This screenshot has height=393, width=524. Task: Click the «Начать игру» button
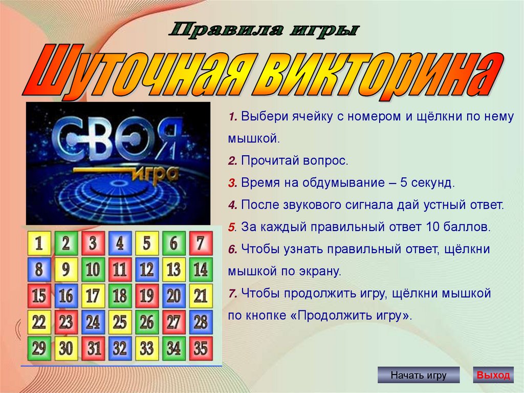pyautogui.click(x=419, y=375)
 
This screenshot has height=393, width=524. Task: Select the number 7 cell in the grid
pyautogui.click(x=201, y=243)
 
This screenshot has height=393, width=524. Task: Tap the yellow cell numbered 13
pyautogui.click(x=174, y=270)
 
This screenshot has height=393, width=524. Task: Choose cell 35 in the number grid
pyautogui.click(x=201, y=348)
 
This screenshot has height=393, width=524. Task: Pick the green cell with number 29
pyautogui.click(x=39, y=348)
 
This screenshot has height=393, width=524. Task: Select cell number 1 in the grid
pyautogui.click(x=39, y=243)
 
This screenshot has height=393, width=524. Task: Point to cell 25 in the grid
pyautogui.click(x=120, y=322)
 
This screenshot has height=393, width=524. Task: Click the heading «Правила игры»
pyautogui.click(x=264, y=30)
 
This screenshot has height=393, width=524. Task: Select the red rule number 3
pyautogui.click(x=233, y=183)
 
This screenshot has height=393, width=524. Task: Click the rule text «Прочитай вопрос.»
pyautogui.click(x=295, y=161)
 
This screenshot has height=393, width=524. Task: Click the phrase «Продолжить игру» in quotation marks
pyautogui.click(x=351, y=316)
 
